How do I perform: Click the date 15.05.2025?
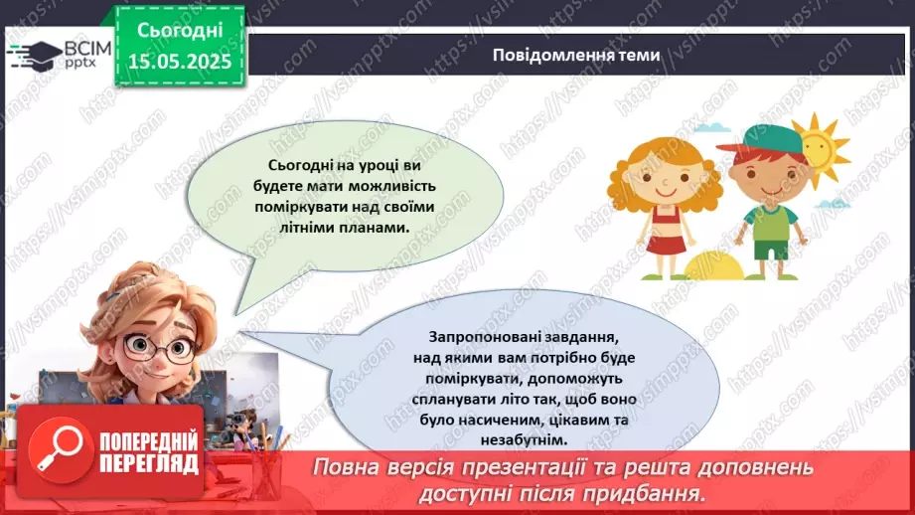[x=179, y=61]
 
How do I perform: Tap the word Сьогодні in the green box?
[x=179, y=32]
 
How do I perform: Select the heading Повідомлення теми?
[x=575, y=56]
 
